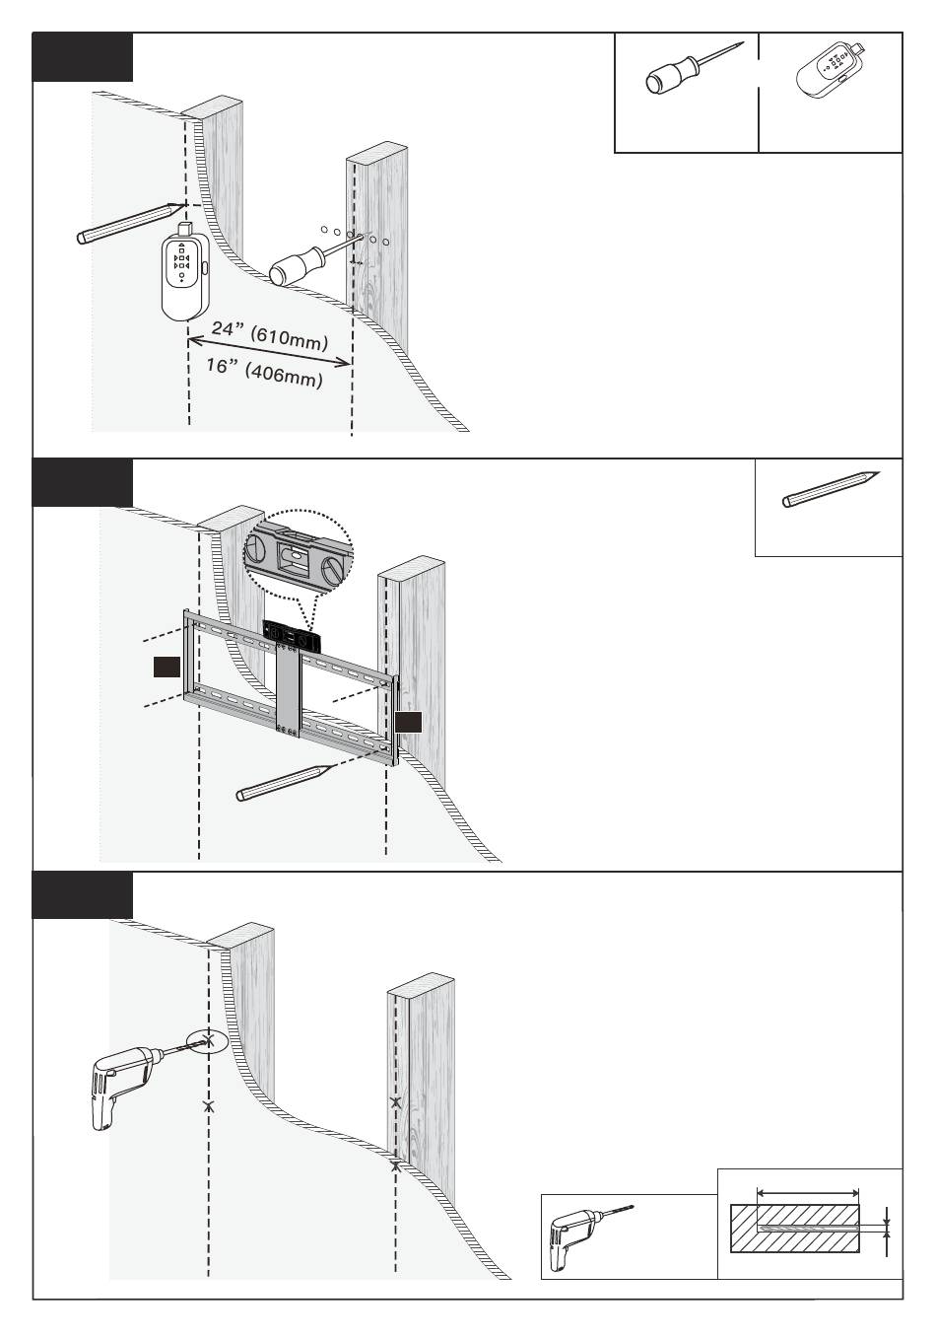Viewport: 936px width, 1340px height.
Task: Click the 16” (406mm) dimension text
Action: coord(264,373)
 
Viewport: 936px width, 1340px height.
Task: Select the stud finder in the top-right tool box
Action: coord(830,71)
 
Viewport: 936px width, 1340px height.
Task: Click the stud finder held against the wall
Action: coord(182,272)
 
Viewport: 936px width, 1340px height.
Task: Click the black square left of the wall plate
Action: coord(167,668)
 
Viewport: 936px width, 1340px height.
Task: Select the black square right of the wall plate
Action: coord(409,722)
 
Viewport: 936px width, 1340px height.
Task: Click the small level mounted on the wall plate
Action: coord(292,636)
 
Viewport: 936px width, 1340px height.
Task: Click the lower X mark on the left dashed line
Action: coord(208,1106)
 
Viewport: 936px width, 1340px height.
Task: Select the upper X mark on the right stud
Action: coord(395,1102)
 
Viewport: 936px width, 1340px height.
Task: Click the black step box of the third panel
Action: coord(83,895)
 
